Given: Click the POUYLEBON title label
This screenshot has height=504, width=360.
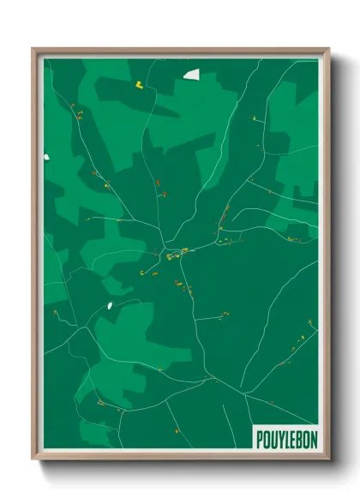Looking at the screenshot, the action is point(285,437).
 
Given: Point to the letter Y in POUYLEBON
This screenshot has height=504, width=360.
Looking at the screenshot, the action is point(279,437).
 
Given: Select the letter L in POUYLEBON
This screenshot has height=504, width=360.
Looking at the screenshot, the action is point(285,437).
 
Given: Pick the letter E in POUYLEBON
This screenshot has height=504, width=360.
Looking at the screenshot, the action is point(291,437).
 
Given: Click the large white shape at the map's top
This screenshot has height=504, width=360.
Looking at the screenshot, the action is point(190,75).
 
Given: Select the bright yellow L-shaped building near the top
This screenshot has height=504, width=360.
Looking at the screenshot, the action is point(137,84).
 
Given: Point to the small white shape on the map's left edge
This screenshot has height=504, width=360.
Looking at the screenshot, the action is point(48,156).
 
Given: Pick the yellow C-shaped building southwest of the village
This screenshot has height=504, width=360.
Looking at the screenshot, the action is point(141,272).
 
